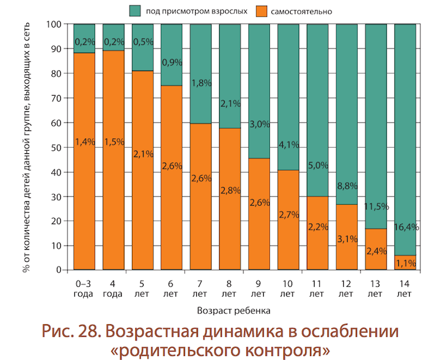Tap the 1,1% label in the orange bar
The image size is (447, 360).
point(405,260)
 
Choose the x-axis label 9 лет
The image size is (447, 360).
point(258,288)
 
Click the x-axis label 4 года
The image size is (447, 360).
point(113,288)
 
